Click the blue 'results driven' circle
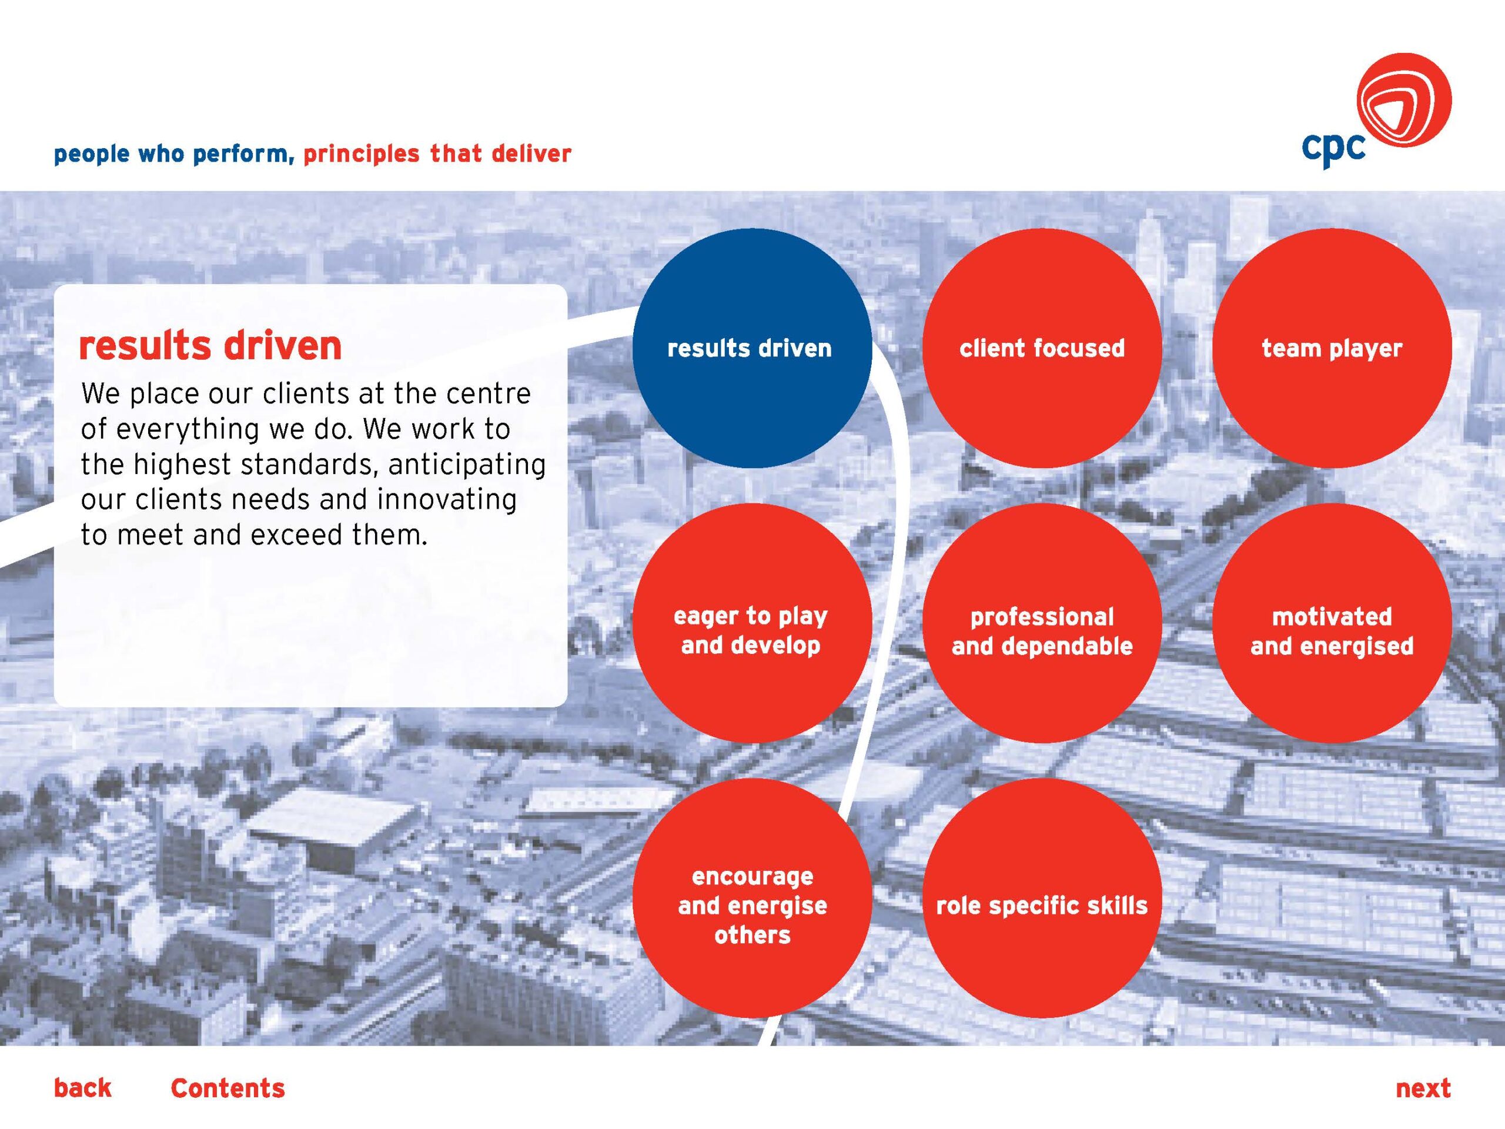tap(752, 348)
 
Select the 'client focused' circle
tap(1042, 348)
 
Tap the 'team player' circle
tap(1332, 348)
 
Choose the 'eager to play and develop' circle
tap(752, 623)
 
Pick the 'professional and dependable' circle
tap(1042, 623)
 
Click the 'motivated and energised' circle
tap(1332, 623)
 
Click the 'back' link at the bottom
tap(82, 1087)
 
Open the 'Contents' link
tap(228, 1087)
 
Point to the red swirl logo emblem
tap(1404, 100)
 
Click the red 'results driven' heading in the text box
tap(210, 345)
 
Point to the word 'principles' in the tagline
tap(362, 154)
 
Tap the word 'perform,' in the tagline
tap(243, 155)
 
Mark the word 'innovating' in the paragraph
tap(446, 499)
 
